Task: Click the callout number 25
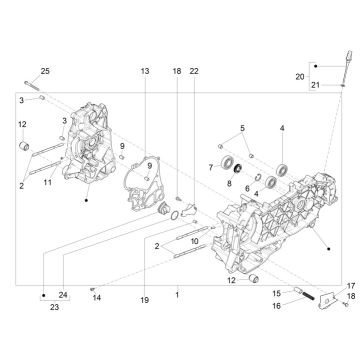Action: click(x=44, y=69)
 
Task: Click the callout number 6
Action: click(x=247, y=188)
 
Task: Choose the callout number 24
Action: click(x=62, y=293)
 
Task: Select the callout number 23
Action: click(x=42, y=309)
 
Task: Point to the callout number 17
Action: click(x=351, y=285)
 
